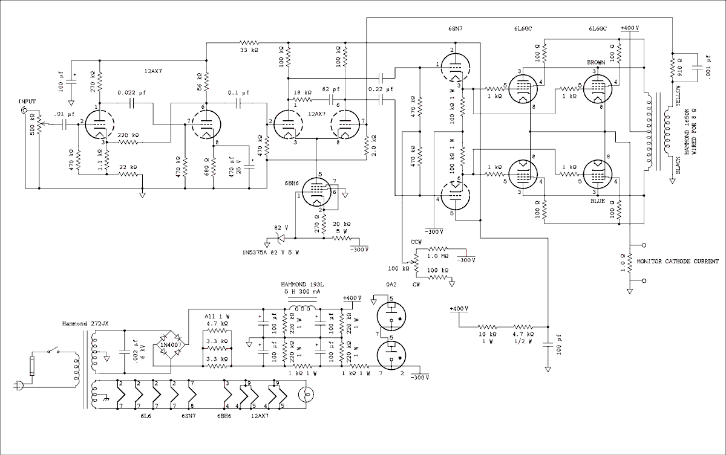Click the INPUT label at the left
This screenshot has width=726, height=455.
pos(28,101)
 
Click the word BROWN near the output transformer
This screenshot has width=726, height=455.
pos(597,62)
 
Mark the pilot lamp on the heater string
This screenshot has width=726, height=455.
pos(306,396)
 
